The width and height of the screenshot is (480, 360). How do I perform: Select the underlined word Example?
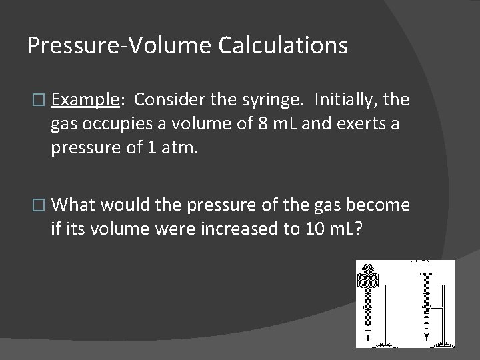[84, 100]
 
